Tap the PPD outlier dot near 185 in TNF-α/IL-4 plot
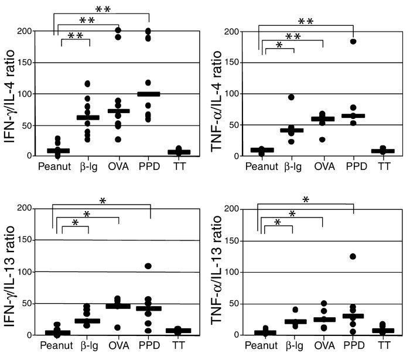[353, 41]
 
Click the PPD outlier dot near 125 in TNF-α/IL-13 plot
[353, 256]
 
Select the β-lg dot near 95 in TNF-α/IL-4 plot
[291, 97]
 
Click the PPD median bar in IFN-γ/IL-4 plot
[148, 94]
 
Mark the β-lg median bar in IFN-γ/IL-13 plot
[88, 321]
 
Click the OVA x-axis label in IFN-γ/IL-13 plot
[119, 347]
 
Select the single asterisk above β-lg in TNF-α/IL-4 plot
[279, 45]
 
